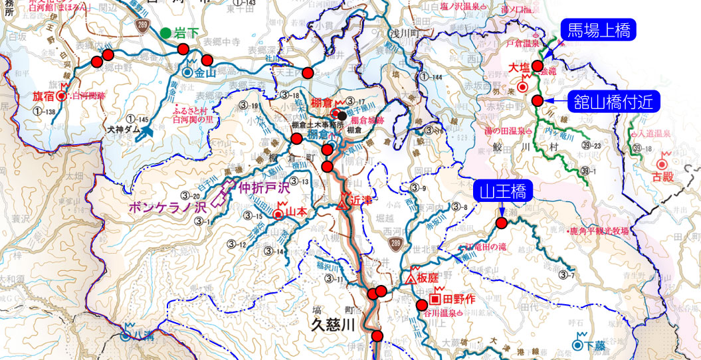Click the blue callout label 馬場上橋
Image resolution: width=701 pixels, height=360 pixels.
click(x=599, y=30)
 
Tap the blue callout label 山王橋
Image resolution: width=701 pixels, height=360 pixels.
click(x=501, y=193)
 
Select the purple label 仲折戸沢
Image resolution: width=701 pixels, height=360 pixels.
click(x=264, y=189)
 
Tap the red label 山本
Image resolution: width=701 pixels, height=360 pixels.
click(x=296, y=213)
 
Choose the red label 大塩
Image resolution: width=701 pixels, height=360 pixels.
click(x=519, y=68)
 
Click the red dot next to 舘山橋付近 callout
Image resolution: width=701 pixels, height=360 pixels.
click(x=537, y=100)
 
